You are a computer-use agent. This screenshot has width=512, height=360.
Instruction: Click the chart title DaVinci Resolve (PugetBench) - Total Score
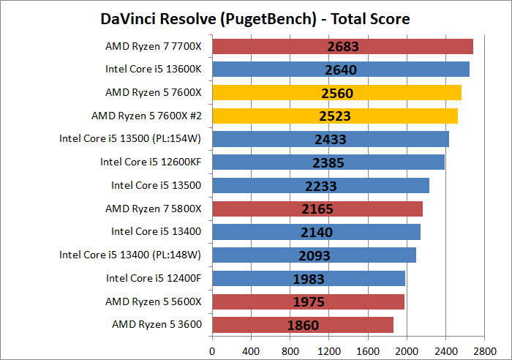coord(255,18)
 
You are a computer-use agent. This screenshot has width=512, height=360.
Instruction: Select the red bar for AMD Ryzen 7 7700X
coord(342,47)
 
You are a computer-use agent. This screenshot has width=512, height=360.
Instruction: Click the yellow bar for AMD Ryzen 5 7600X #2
coord(335,116)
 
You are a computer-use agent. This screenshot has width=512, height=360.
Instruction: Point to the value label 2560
coord(336,93)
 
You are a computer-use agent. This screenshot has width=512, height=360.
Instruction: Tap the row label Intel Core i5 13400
coord(156,231)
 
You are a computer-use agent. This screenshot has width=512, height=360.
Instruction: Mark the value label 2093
coord(315,255)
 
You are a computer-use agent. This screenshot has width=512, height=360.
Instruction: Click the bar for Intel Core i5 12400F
coord(309,278)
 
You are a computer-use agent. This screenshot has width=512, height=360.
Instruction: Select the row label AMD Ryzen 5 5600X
coord(153,301)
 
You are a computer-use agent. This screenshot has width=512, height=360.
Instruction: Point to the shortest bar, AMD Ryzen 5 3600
coord(303,324)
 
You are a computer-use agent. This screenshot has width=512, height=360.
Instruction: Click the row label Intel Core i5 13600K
coord(153,70)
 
